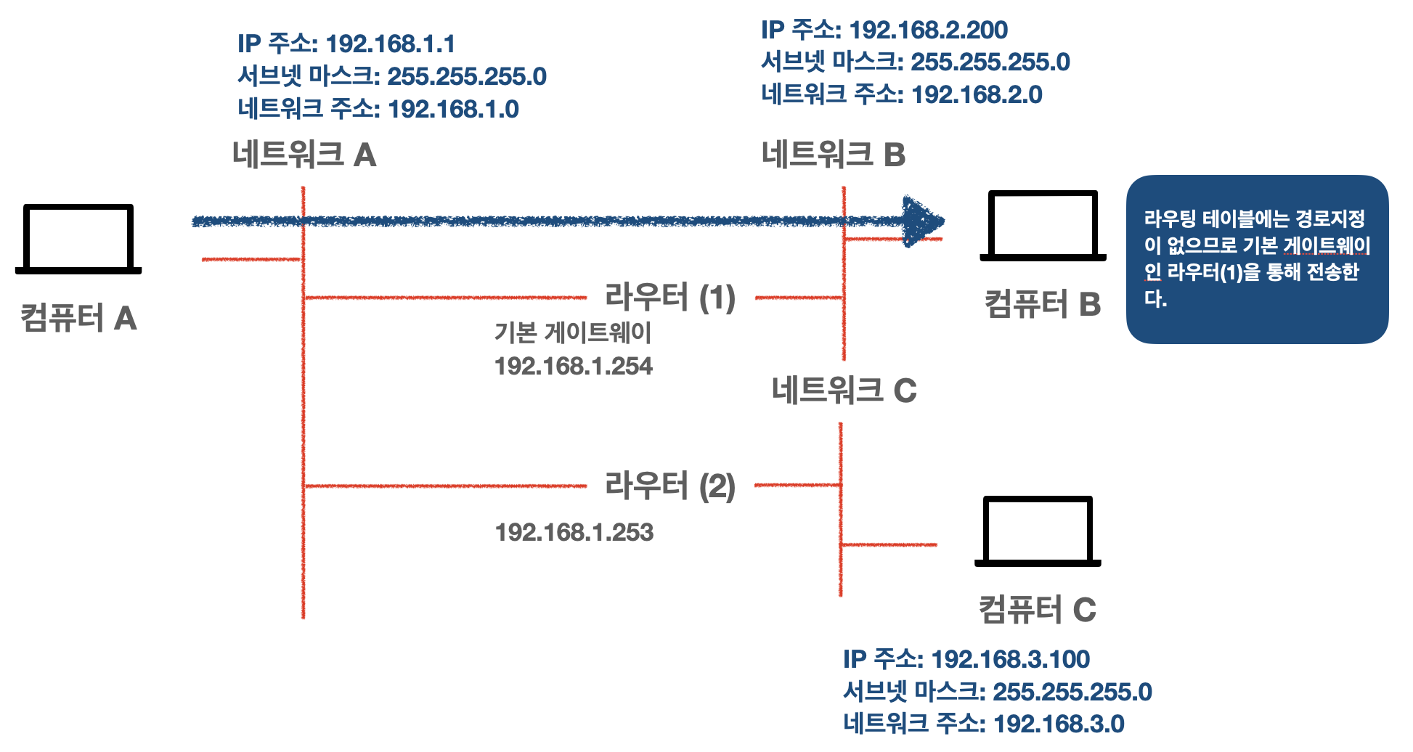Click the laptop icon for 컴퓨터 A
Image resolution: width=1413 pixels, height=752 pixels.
pyautogui.click(x=78, y=239)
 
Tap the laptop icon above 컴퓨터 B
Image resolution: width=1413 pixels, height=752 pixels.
pyautogui.click(x=1043, y=225)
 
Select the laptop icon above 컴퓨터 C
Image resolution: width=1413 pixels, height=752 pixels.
pyautogui.click(x=1038, y=531)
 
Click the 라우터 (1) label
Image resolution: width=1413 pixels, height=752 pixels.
pyautogui.click(x=670, y=297)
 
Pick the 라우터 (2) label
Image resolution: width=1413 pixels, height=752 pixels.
pyautogui.click(x=670, y=486)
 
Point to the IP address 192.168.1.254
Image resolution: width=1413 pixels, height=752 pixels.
pyautogui.click(x=574, y=366)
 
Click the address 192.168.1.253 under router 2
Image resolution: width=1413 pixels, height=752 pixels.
pyautogui.click(x=574, y=533)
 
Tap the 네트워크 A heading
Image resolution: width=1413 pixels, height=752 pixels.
pyautogui.click(x=304, y=155)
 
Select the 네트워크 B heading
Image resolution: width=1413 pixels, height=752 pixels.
pyautogui.click(x=834, y=155)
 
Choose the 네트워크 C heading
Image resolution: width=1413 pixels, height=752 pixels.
pyautogui.click(x=844, y=391)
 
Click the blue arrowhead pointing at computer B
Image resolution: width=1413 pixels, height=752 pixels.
pyautogui.click(x=922, y=221)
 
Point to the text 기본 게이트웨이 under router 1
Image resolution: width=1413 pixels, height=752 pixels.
pyautogui.click(x=573, y=333)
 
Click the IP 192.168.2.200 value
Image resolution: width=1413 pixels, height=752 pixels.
pyautogui.click(x=928, y=30)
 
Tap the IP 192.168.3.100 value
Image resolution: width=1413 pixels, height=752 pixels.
pyautogui.click(x=1010, y=659)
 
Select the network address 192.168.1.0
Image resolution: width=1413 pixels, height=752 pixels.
pyautogui.click(x=453, y=109)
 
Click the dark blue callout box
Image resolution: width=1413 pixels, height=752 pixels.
pyautogui.click(x=1257, y=259)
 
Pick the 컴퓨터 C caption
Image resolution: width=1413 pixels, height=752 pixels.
pyautogui.click(x=1038, y=609)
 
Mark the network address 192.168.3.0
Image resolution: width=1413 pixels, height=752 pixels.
pyautogui.click(x=1059, y=724)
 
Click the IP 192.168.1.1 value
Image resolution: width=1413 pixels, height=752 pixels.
pyautogui.click(x=390, y=44)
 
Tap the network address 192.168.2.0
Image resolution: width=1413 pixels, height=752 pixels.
pyautogui.click(x=977, y=94)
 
